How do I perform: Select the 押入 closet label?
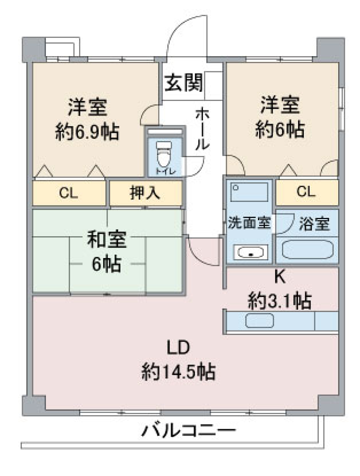point(145,193)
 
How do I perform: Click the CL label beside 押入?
point(69,193)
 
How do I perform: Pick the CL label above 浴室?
point(306,192)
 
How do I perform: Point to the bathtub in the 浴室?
point(307,249)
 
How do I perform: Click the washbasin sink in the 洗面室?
point(250,252)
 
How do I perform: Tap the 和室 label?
point(106,240)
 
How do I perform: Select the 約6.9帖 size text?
point(87,132)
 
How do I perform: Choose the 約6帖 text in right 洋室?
point(280,130)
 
